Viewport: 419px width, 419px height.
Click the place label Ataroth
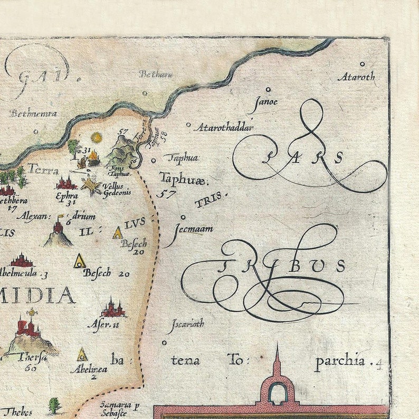pyautogui.click(x=357, y=77)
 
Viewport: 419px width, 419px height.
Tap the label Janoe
pyautogui.click(x=265, y=102)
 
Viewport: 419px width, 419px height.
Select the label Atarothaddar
pyautogui.click(x=224, y=127)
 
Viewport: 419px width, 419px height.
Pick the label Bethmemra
pyautogui.click(x=33, y=113)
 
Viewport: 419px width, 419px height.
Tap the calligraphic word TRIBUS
pyautogui.click(x=285, y=265)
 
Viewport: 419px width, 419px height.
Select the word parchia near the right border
pyautogui.click(x=340, y=361)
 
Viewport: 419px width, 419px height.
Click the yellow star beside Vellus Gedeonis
pyautogui.click(x=91, y=186)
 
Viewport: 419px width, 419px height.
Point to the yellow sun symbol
pyautogui.click(x=96, y=138)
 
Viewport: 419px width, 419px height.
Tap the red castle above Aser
pyautogui.click(x=113, y=308)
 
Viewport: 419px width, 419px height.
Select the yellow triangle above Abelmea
pyautogui.click(x=82, y=355)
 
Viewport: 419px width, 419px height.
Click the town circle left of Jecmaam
pyautogui.click(x=183, y=217)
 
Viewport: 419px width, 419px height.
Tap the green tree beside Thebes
pyautogui.click(x=54, y=405)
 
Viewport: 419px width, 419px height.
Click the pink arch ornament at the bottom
pyautogui.click(x=277, y=389)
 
